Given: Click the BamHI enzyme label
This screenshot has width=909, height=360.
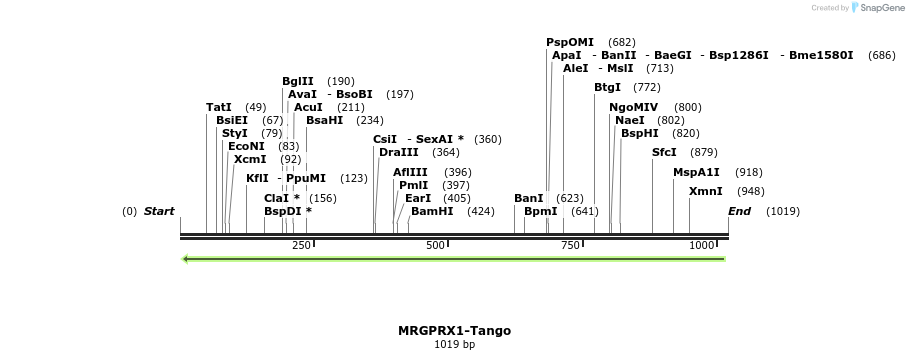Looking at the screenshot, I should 432,212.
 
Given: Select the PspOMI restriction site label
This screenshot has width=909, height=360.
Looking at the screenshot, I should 570,42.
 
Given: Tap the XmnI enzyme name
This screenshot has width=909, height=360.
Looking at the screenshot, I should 705,191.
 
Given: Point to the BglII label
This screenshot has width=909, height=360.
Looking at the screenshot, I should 298,81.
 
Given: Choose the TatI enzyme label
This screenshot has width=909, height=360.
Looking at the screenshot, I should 219,107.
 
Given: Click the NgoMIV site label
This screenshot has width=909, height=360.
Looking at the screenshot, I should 634,107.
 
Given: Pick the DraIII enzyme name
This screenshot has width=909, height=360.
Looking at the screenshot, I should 399,152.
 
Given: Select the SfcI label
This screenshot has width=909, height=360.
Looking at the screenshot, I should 664,152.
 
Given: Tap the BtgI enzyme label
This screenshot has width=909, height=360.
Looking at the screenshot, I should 607,87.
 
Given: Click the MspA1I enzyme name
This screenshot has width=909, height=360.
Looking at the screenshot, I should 696,172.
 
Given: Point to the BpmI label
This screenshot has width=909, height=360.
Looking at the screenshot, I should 541,212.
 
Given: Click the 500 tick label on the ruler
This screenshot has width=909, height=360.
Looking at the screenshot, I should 435,246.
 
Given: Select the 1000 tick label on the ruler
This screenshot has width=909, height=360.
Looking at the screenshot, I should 701,246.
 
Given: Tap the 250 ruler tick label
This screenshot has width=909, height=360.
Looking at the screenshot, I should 301,246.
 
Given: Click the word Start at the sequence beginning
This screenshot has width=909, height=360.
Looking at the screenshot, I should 159,212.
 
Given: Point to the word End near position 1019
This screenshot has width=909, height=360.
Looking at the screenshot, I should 740,212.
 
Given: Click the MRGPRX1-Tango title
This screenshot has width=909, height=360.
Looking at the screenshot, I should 454,330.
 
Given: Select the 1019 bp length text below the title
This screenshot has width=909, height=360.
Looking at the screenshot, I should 454,345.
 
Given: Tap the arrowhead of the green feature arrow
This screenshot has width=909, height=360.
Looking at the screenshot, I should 186,260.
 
